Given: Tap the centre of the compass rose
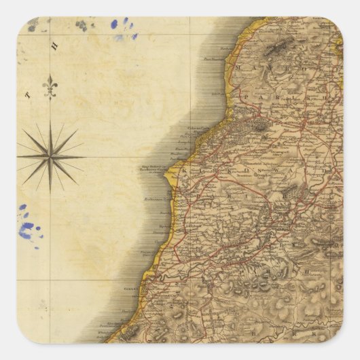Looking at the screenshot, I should tap(49, 156).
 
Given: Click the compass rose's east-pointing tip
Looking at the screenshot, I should tap(83, 156).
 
